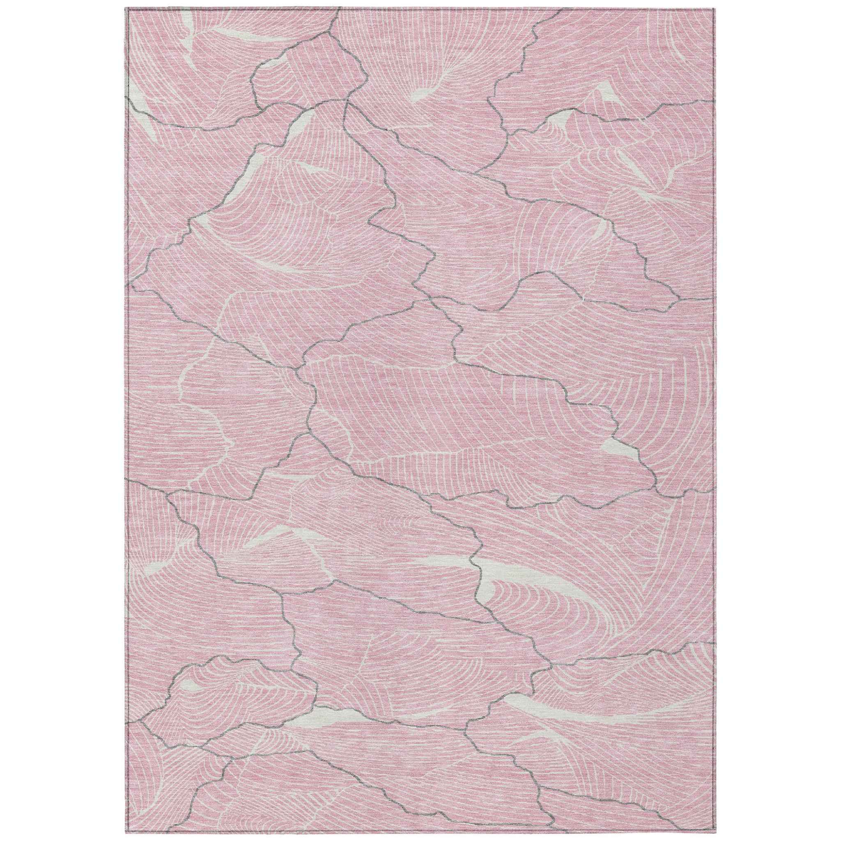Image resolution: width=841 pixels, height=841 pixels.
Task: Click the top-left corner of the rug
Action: pyautogui.click(x=126, y=8)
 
